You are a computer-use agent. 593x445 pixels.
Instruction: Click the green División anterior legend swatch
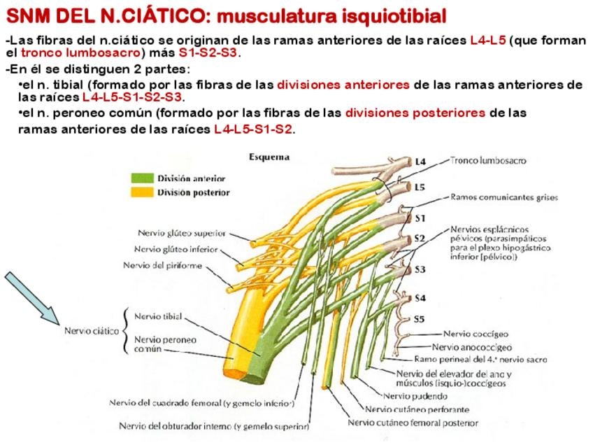coord(142,178)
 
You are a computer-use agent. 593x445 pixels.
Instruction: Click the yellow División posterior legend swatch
coord(142,192)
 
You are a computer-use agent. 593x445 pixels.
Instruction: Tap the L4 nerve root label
coord(420,162)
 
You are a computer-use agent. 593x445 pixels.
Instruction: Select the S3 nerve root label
coord(420,269)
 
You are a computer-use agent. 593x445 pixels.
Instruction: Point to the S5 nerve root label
coord(419,319)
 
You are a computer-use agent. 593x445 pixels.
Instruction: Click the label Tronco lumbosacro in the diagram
coord(488,160)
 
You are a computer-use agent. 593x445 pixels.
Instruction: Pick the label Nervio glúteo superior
coord(182,233)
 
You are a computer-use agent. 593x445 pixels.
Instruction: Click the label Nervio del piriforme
coord(163,265)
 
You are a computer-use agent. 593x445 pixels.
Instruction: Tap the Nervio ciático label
coord(92,331)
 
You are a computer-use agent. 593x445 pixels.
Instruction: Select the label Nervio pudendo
coord(415,396)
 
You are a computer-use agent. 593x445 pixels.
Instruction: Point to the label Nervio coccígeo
coord(476,334)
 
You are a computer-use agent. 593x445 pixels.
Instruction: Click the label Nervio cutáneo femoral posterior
coord(413,423)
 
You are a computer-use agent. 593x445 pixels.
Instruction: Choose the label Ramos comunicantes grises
coord(503,197)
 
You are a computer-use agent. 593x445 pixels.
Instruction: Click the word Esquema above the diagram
coord(269,157)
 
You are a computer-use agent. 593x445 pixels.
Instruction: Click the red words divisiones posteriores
coord(415,113)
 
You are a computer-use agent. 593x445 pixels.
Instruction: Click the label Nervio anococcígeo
coord(471,347)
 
